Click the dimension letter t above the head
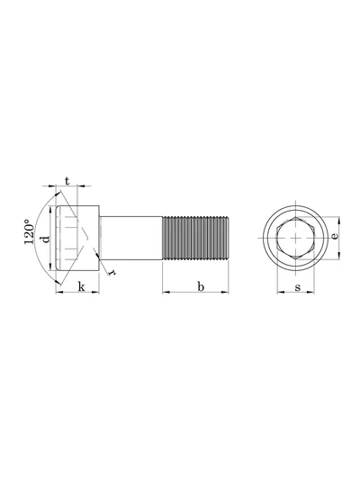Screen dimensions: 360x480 click(x=67, y=181)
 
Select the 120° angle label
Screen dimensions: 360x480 click(x=29, y=231)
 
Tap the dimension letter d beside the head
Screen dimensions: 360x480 click(x=45, y=239)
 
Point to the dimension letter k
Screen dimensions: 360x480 click(x=81, y=287)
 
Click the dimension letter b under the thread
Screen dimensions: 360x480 click(x=201, y=287)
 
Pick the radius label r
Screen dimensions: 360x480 click(x=112, y=272)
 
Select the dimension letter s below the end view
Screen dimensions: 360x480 click(x=298, y=287)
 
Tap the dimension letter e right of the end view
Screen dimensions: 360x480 click(x=335, y=236)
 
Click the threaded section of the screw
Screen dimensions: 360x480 click(x=195, y=238)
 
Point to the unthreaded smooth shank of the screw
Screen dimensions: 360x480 click(x=130, y=238)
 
